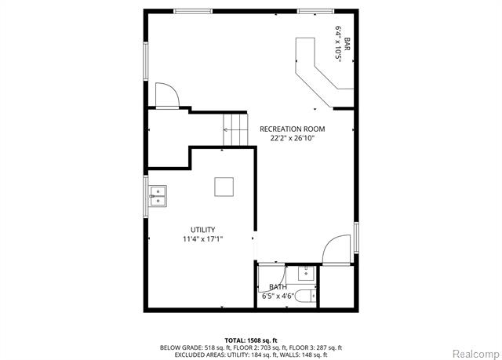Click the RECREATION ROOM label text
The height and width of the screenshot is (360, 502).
[x=292, y=129]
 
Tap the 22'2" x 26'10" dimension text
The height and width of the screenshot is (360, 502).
[x=292, y=138]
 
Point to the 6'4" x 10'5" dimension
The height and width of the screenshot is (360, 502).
[x=338, y=45]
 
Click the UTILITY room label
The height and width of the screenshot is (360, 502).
[x=202, y=230]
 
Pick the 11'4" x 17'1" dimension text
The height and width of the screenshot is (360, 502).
[x=202, y=239]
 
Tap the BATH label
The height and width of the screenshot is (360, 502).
[x=278, y=287]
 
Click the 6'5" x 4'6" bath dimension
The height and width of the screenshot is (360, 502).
[x=278, y=296]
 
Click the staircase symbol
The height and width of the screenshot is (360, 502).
[x=235, y=126]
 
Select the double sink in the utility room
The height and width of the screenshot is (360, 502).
[x=158, y=195]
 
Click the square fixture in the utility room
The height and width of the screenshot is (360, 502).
[x=224, y=187]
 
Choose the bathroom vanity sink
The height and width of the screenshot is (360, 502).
[x=306, y=274]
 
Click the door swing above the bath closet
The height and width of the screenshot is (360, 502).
[x=336, y=249]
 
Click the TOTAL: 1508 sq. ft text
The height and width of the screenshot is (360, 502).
[x=251, y=340]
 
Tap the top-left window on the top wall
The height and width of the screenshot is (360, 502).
[x=197, y=11]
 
